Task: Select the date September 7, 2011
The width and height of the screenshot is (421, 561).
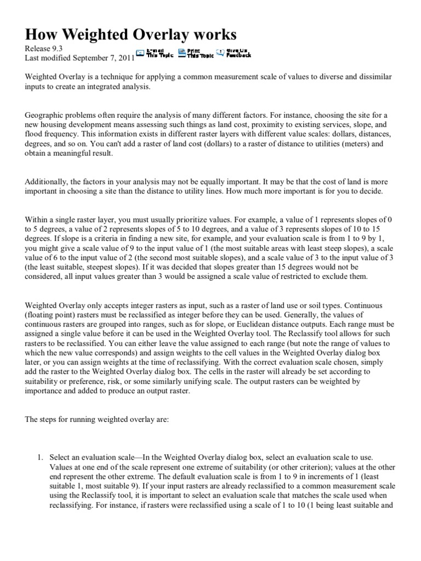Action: pos(103,57)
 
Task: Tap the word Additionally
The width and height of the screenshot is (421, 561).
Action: pos(48,182)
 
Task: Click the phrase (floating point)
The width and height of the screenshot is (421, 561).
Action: pos(51,314)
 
